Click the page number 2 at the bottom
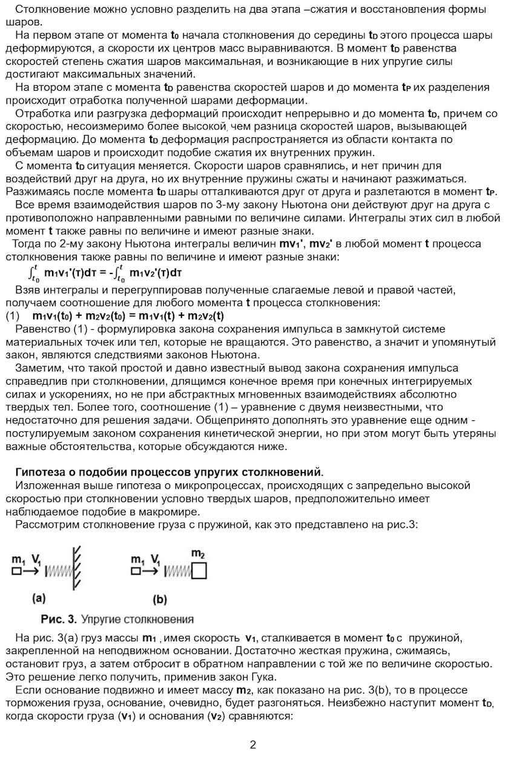click(253, 745)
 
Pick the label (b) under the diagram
click(160, 600)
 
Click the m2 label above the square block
click(198, 553)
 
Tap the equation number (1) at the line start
click(13, 316)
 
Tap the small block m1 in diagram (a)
click(16, 570)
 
